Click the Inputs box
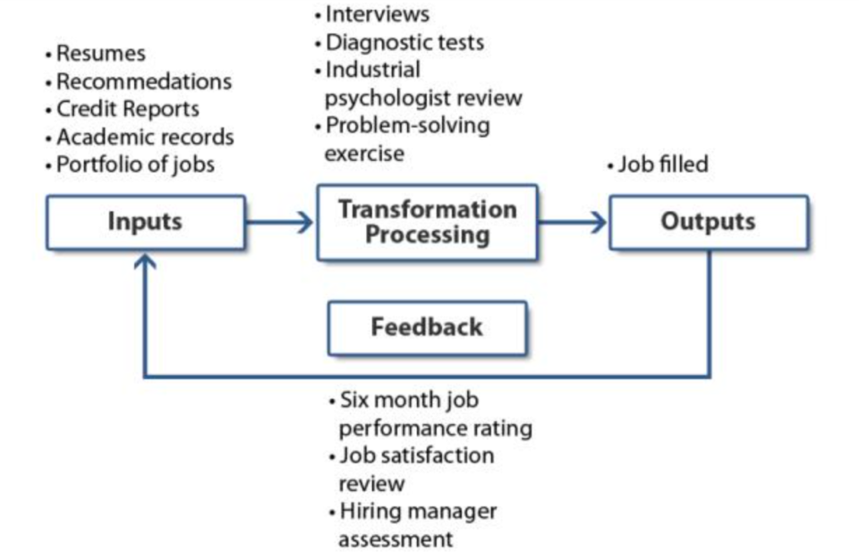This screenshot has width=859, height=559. (x=145, y=223)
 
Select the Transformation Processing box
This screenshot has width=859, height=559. (x=427, y=223)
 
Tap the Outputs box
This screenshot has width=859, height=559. (x=708, y=222)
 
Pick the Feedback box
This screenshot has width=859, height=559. (x=427, y=327)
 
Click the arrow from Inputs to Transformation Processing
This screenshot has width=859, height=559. (x=279, y=222)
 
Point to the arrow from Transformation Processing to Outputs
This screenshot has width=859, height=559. (x=573, y=222)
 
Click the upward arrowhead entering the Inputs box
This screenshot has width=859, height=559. (x=145, y=260)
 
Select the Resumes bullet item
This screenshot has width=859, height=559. (x=100, y=54)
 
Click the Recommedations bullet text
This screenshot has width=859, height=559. (x=143, y=81)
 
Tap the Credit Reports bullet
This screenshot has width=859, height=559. (x=127, y=109)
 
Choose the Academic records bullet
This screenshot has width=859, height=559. (x=144, y=137)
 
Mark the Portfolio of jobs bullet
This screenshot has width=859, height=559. (x=135, y=165)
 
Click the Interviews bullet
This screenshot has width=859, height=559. (x=377, y=14)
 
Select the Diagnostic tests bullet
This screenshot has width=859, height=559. (x=404, y=42)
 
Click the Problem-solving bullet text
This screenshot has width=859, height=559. (x=407, y=125)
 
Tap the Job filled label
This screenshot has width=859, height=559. (x=662, y=165)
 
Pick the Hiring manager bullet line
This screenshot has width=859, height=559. (x=418, y=512)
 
